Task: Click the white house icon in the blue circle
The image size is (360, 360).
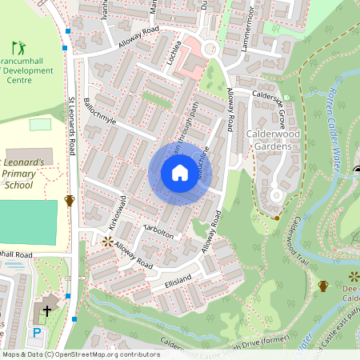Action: coord(180,173)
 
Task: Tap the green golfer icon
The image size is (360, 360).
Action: coord(18,49)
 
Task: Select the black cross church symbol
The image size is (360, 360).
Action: coord(47,310)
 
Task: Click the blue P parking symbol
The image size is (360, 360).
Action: coord(36,332)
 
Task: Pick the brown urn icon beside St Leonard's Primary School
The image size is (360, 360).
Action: coord(70,200)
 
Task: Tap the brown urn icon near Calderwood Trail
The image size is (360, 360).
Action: coord(323,286)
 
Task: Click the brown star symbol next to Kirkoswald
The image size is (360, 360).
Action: coord(107,241)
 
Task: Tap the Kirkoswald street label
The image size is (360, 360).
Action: coord(117,211)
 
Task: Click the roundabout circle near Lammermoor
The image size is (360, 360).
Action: coord(210,49)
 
